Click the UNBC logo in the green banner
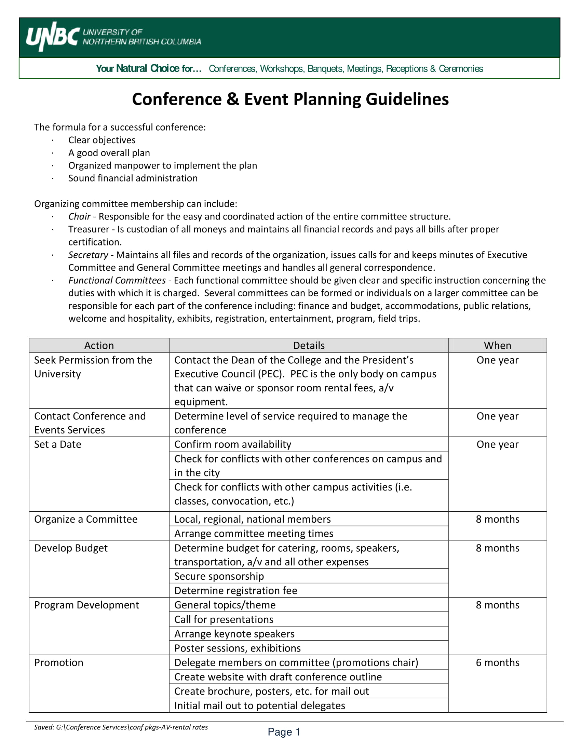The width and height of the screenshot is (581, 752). tap(53, 37)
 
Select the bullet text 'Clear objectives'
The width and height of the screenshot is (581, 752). tap(102, 140)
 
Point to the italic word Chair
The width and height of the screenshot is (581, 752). tap(79, 217)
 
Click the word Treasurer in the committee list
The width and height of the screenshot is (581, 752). tap(89, 229)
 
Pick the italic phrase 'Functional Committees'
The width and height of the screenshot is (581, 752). tap(117, 280)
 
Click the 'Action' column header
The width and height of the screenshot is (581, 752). tap(99, 345)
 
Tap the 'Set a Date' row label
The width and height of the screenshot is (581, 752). tap(57, 444)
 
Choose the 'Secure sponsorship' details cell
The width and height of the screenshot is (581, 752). tap(219, 576)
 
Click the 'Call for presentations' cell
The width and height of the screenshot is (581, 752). tap(224, 619)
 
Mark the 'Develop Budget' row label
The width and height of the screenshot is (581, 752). tap(71, 548)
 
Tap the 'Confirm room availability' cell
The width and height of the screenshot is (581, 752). tap(233, 444)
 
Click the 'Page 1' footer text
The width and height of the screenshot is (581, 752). tap(284, 732)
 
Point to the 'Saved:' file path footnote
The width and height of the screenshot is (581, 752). tap(121, 727)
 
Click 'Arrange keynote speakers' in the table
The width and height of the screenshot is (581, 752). tap(234, 634)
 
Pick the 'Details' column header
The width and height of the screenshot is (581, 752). tap(308, 345)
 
